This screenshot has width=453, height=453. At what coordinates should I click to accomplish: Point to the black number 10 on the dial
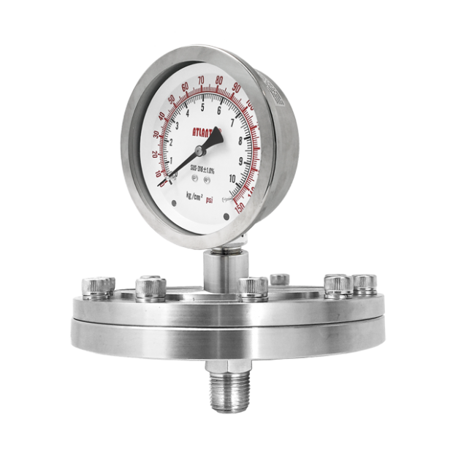pos(232,178)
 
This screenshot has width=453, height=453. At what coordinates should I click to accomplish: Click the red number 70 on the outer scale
pos(201,80)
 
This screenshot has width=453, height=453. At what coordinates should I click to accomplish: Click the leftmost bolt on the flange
pos(97,287)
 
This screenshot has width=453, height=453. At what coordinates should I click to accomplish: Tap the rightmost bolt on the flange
pos(365,283)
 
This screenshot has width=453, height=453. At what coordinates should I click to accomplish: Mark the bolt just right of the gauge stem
pos(254,286)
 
